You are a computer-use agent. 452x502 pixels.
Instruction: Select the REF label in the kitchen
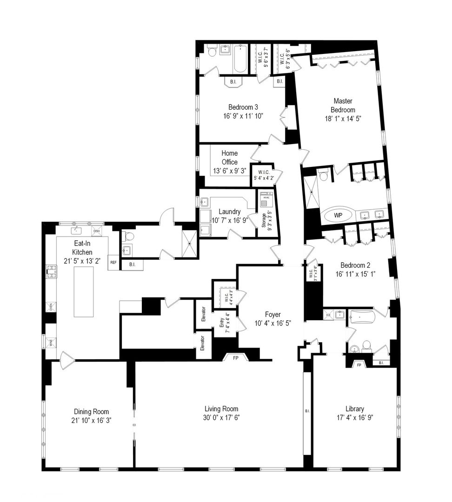pos(113,262)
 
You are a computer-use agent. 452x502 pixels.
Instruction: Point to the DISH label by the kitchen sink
pos(96,231)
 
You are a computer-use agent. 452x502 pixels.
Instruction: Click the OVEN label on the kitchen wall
pos(50,306)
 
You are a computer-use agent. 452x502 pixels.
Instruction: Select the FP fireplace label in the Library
pos(359,365)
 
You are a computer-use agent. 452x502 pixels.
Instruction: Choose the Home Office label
pos(229,158)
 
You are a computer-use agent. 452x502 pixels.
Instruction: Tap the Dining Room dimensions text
pos(91,420)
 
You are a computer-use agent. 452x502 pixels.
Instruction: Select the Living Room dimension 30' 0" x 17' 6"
pos(222,417)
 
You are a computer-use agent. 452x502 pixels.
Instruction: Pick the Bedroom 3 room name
pos(240,106)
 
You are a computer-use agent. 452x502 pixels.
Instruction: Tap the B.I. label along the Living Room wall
pos(307,411)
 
